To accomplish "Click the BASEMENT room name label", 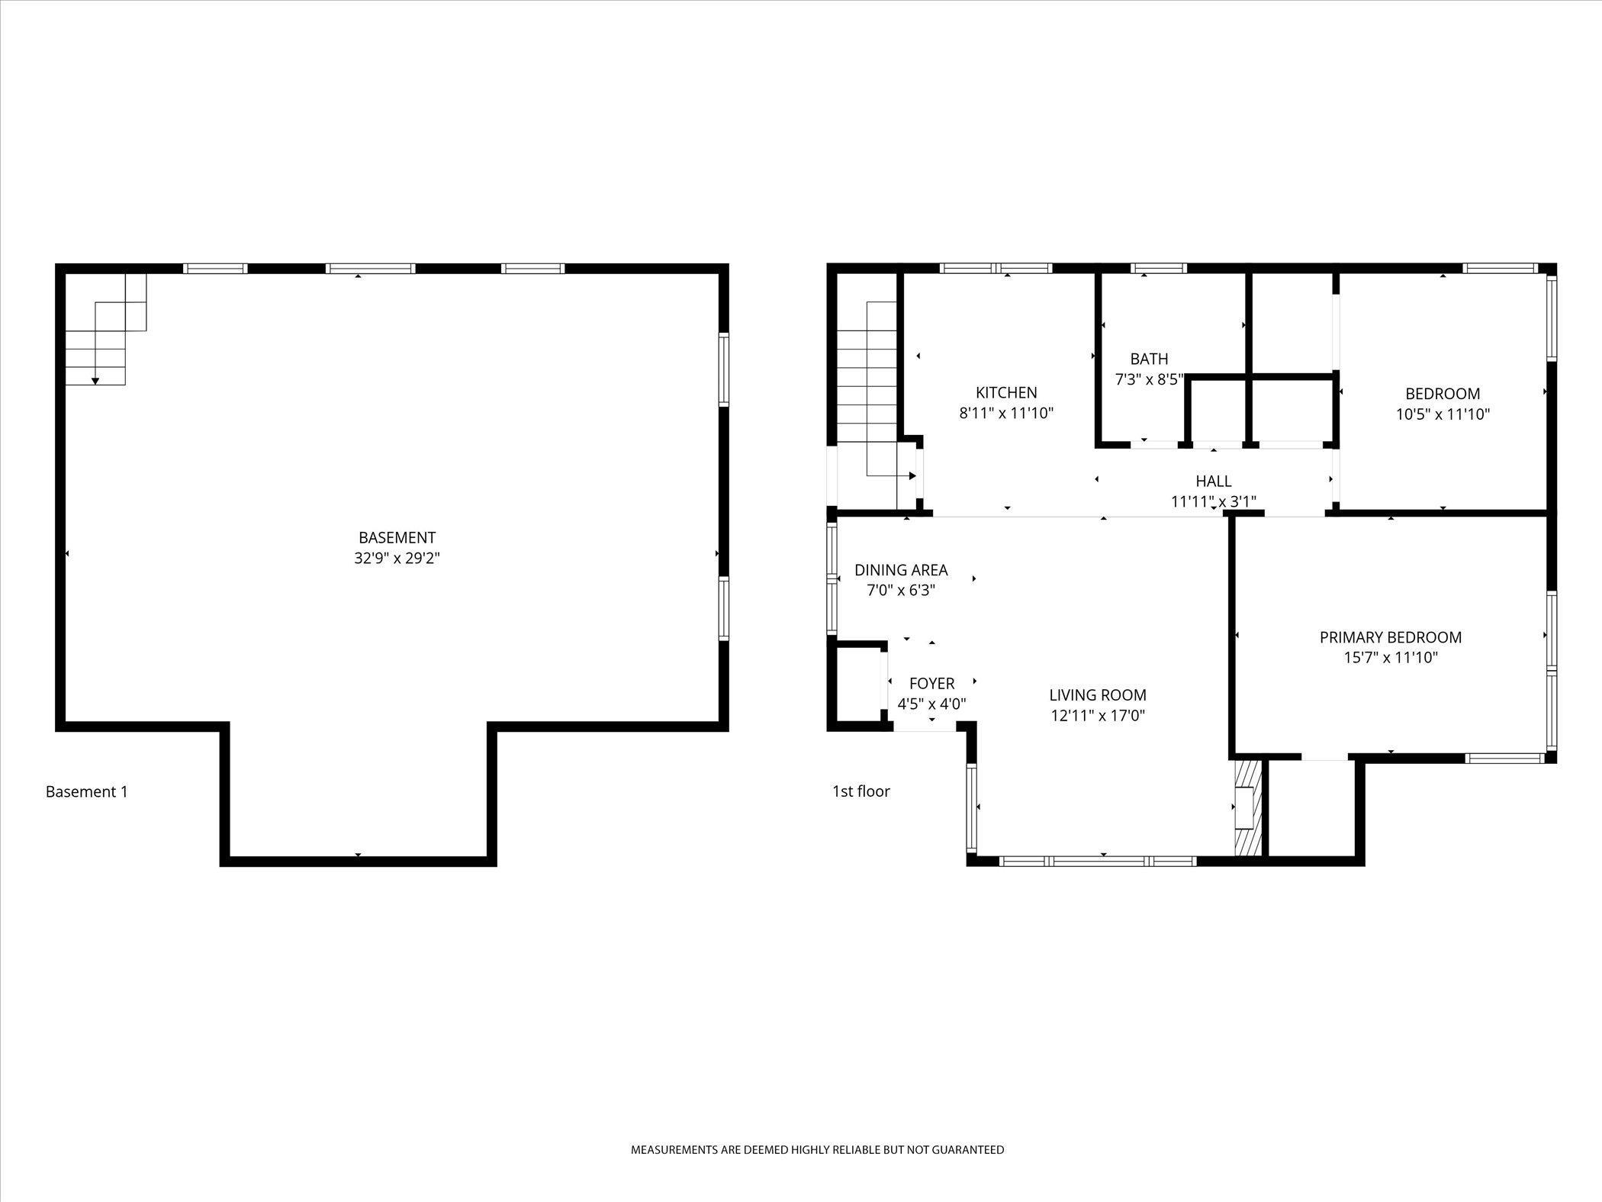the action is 397,537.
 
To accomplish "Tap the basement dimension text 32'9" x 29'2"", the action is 397,558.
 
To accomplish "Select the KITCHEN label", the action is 1006,392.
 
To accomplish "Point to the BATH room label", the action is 1149,359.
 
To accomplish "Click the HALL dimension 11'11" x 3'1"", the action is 1213,501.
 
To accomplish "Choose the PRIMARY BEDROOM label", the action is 1391,637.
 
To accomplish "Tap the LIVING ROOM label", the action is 1098,695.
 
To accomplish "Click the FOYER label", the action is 931,684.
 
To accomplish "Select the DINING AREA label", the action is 901,570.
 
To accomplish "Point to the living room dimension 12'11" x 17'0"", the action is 1098,716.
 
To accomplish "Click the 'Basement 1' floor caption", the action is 87,792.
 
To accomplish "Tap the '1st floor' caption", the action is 861,791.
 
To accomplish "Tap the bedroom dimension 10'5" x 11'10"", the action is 1443,414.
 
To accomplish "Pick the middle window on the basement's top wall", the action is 370,269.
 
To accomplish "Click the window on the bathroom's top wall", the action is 1158,269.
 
